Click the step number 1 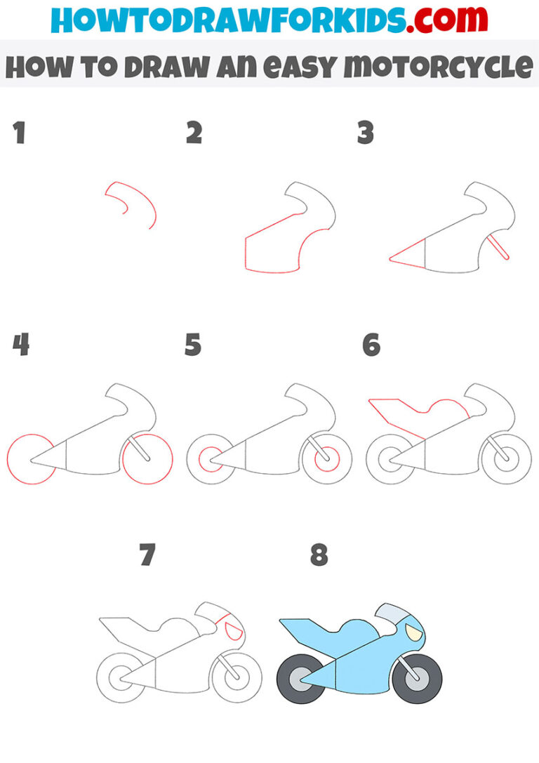click(20, 133)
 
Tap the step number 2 click(194, 133)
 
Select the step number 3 click(365, 133)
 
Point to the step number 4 click(20, 345)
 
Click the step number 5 click(194, 345)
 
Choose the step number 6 click(371, 345)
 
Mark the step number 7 click(147, 556)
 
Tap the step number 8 click(319, 556)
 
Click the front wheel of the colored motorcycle click(417, 679)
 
